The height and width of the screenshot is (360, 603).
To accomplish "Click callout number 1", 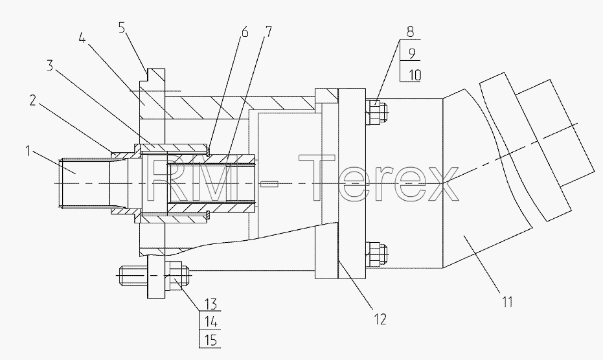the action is (27, 151).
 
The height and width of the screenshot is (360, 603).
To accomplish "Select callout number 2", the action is (33, 101).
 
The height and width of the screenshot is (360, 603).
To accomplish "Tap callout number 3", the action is (50, 65).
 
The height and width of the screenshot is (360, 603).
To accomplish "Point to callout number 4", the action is (82, 38).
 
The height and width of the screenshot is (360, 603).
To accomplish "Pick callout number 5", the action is (122, 28).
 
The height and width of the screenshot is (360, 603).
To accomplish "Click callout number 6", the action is (245, 32).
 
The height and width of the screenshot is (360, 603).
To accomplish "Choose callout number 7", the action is (268, 31).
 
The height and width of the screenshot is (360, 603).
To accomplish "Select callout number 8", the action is (411, 32).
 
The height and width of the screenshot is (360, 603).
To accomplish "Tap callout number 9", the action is (412, 54).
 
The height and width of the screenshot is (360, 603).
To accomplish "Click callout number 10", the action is (414, 74).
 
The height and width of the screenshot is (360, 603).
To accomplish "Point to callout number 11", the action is (507, 301).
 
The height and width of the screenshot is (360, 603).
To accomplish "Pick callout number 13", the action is (210, 304).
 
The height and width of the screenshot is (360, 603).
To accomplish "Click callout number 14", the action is (210, 322).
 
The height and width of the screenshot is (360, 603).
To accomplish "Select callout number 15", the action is (210, 340).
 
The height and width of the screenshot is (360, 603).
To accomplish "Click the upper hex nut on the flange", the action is (374, 112).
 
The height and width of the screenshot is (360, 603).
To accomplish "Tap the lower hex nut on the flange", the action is (374, 254).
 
